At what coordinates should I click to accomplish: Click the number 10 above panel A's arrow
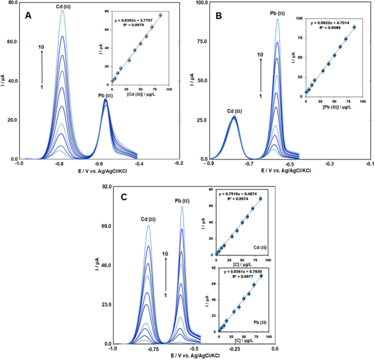[x=41, y=48]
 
